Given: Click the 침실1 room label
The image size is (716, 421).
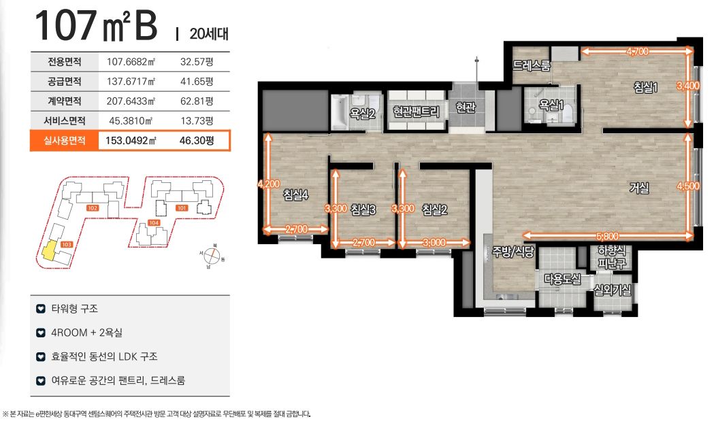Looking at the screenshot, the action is [x=645, y=86].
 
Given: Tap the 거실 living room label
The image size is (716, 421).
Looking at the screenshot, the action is [x=639, y=188].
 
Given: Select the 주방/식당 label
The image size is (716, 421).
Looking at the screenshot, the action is [x=512, y=252].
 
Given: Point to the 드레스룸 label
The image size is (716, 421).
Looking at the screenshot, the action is [x=531, y=66].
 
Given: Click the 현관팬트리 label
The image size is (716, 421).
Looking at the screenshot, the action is [x=416, y=112].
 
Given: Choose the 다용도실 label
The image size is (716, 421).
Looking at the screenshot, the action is [x=562, y=279].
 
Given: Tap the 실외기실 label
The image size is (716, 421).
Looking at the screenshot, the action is [x=613, y=289].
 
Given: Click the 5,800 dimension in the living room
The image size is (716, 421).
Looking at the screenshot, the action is [x=607, y=236].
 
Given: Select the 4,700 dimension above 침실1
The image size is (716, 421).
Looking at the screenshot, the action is [x=637, y=52].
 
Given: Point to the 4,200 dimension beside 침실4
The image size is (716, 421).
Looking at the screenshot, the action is [x=268, y=184].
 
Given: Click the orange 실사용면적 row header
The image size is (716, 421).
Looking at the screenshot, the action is [x=65, y=141].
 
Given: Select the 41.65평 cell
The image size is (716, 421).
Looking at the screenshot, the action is [x=197, y=81].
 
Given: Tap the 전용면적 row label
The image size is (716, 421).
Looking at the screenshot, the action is [x=65, y=61].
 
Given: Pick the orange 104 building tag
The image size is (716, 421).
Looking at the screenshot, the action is [x=154, y=222].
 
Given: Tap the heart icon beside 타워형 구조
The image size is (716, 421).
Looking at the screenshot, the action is [x=41, y=309].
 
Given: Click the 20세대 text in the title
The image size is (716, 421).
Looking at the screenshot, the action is [x=209, y=34].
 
